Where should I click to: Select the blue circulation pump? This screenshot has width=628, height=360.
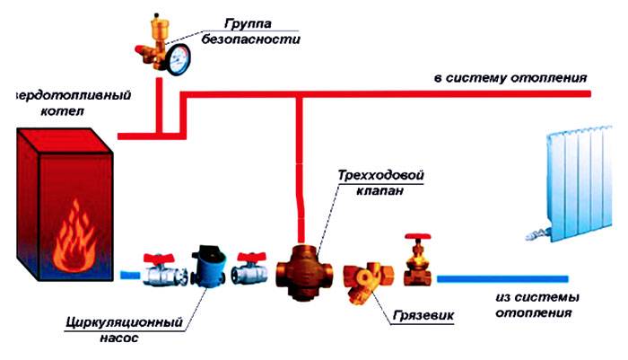(x=212, y=266)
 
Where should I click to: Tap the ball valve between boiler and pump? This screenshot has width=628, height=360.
(x=161, y=270)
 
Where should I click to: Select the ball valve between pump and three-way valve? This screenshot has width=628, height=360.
(x=250, y=268)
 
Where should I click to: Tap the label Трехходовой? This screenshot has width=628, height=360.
(x=377, y=174)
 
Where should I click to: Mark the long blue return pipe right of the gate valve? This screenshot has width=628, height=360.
(x=502, y=277)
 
